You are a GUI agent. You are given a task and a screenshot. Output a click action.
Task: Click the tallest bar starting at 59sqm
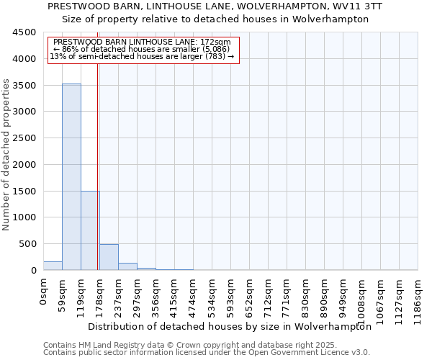coord(71,176)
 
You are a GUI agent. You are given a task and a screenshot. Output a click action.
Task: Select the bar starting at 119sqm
coord(90,230)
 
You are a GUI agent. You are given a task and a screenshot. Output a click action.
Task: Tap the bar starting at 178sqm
coord(109,257)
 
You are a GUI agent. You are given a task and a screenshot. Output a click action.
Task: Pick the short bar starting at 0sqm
coord(53,266)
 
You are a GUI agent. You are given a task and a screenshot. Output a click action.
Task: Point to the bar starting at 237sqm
coord(127,266)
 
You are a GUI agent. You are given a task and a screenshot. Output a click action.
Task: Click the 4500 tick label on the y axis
coord(24,32)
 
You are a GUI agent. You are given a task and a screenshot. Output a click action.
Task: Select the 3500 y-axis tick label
coord(24,85)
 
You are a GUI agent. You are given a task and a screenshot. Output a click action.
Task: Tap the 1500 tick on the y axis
coord(24,191)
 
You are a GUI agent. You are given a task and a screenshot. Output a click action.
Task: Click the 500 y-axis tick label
coord(27,244)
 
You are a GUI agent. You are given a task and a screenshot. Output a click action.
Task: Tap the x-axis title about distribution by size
coord(230,326)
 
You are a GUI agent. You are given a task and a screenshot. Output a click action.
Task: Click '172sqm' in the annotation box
coord(215,42)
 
